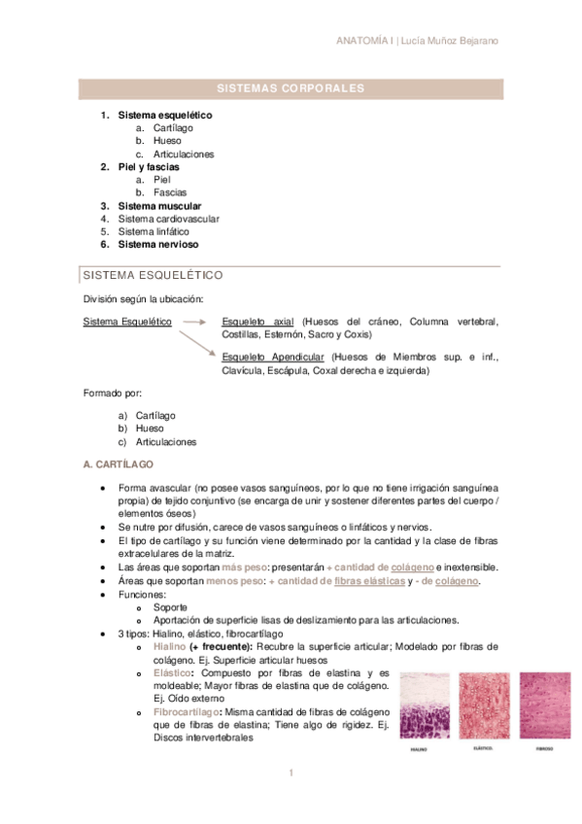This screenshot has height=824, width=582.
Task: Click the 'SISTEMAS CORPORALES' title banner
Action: pyautogui.click(x=291, y=88)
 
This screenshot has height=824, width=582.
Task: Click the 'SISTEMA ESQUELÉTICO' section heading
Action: pyautogui.click(x=154, y=275)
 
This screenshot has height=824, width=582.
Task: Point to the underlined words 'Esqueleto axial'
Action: pyautogui.click(x=257, y=321)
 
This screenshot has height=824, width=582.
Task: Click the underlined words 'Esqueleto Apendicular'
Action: pyautogui.click(x=273, y=358)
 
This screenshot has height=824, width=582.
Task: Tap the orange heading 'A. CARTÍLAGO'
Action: pyautogui.click(x=119, y=465)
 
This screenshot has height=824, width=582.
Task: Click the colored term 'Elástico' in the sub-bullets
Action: pyautogui.click(x=173, y=671)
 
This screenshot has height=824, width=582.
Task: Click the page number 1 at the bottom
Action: pyautogui.click(x=291, y=773)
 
